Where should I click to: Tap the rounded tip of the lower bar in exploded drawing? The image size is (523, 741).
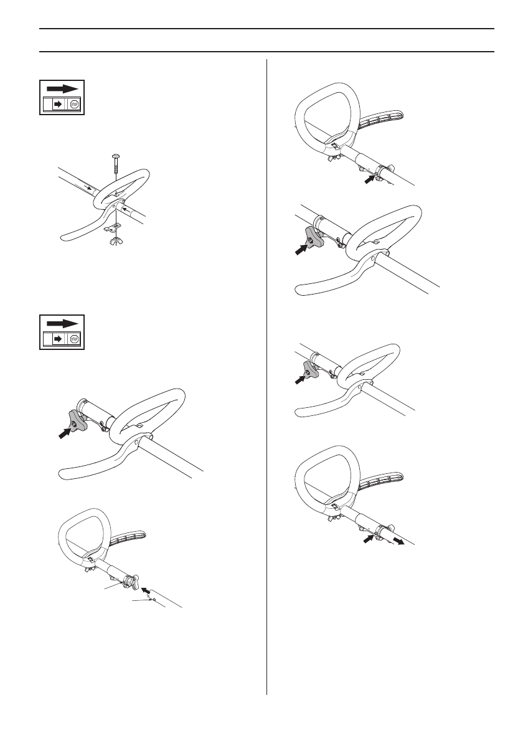pos(63,236)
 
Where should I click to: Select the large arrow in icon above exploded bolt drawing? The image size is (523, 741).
pos(63,88)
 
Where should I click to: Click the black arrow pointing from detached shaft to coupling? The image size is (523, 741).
pos(146,589)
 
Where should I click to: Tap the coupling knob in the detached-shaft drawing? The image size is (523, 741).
pos(131,583)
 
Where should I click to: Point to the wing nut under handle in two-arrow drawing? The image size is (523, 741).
pos(333,514)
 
